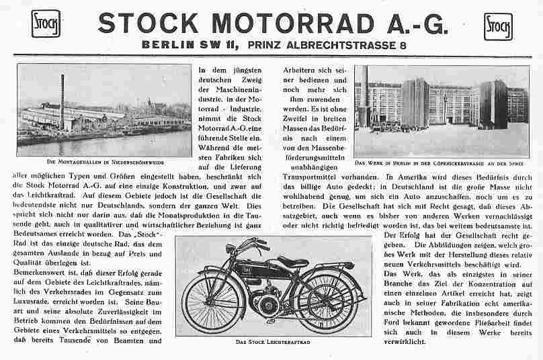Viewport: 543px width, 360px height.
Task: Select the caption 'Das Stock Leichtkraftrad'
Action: pyautogui.click(x=272, y=343)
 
